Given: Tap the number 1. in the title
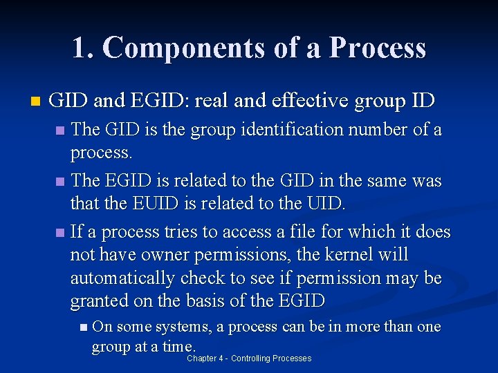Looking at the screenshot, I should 83,48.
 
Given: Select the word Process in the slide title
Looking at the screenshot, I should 378,48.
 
